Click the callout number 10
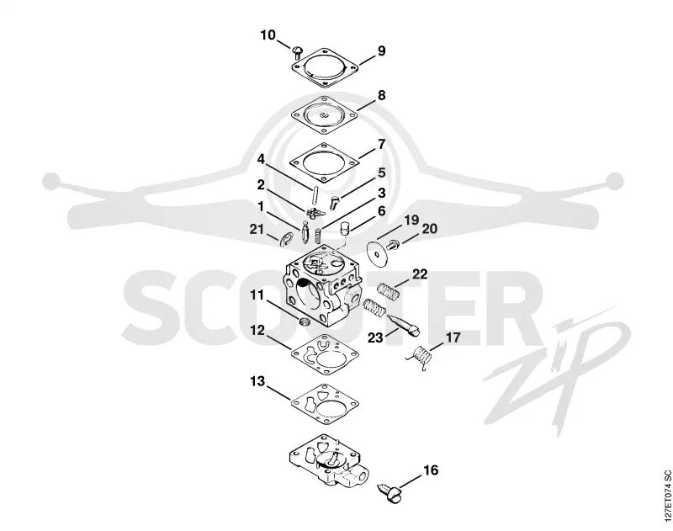click(268, 35)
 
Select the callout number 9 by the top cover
click(382, 50)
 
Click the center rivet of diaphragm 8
click(324, 115)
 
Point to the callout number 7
click(382, 144)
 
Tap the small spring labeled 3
click(319, 235)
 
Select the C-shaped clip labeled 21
click(285, 239)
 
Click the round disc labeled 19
click(378, 254)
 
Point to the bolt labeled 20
click(393, 246)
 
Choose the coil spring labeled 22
click(389, 292)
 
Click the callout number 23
click(375, 337)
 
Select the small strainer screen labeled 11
click(304, 322)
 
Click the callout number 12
click(258, 331)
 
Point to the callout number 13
click(258, 381)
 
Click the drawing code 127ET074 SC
click(666, 490)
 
